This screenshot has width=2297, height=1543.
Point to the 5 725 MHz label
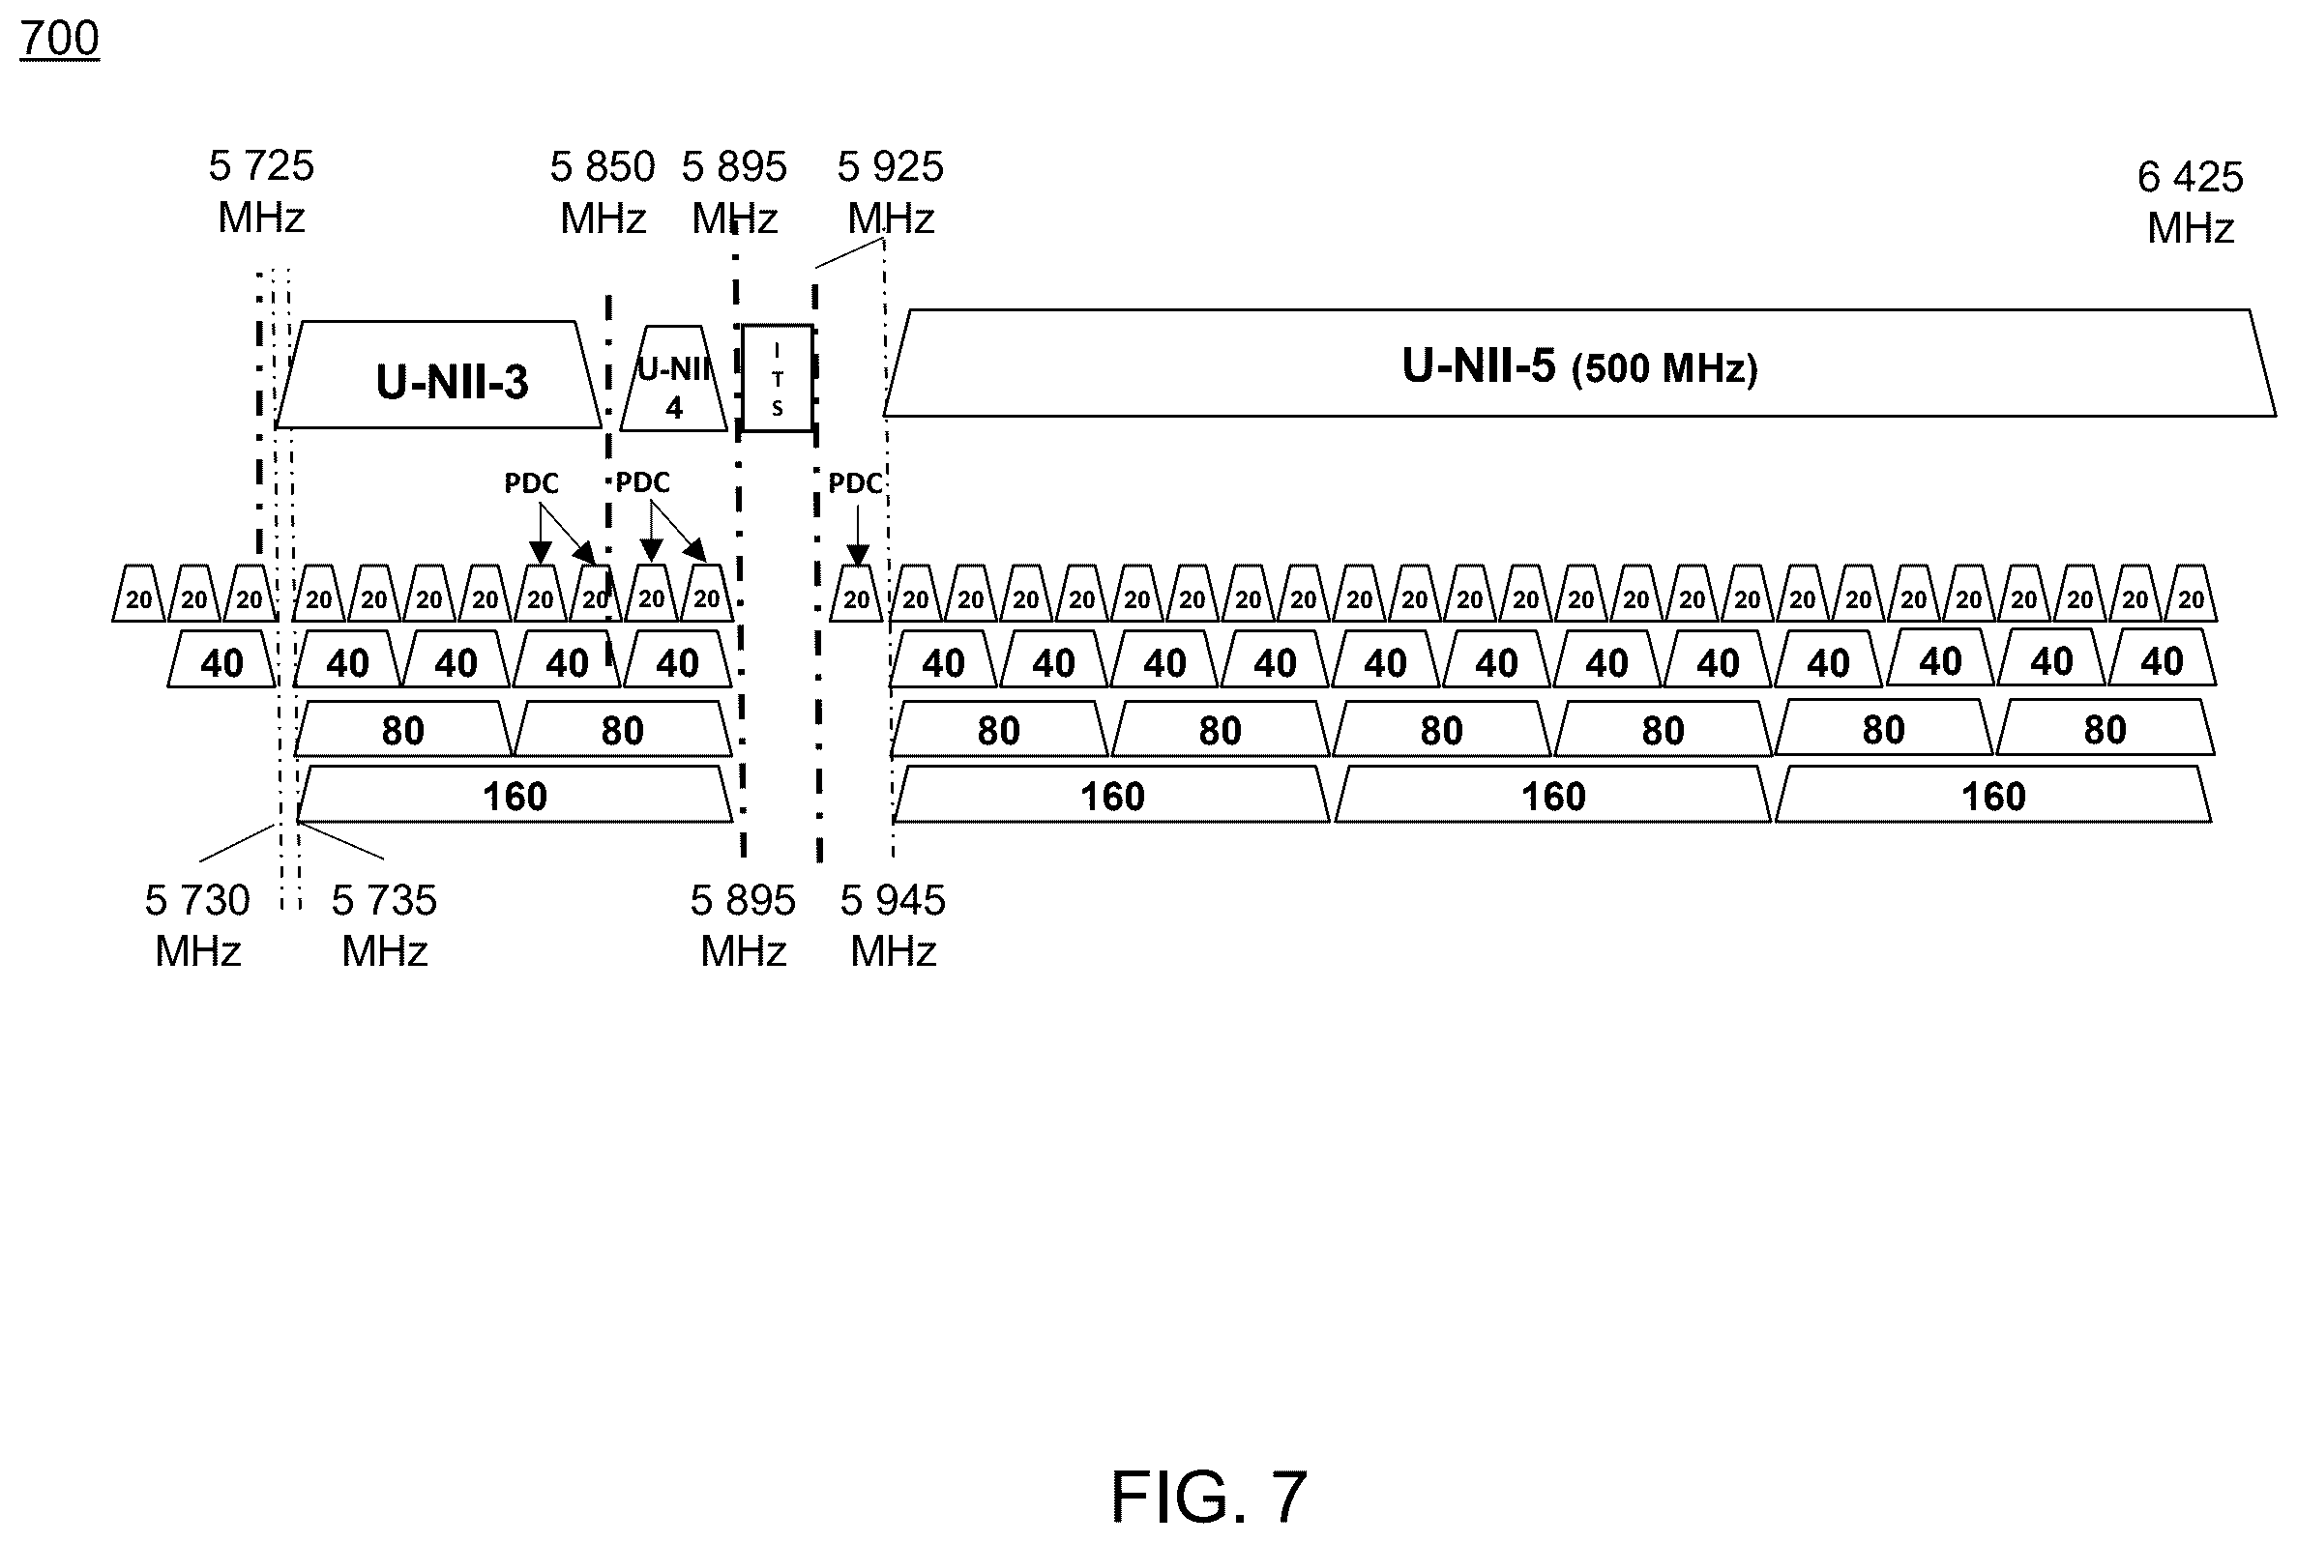[261, 191]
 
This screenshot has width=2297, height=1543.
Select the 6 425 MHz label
[2190, 203]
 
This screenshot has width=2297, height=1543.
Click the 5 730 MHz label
[198, 926]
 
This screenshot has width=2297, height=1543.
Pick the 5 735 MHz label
[384, 926]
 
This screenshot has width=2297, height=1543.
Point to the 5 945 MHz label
[893, 926]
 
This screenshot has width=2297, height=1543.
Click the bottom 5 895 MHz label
[743, 926]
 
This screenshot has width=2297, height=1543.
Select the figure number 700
[59, 40]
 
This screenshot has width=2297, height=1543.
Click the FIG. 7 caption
[1209, 1496]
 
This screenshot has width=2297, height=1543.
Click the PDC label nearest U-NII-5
[854, 483]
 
